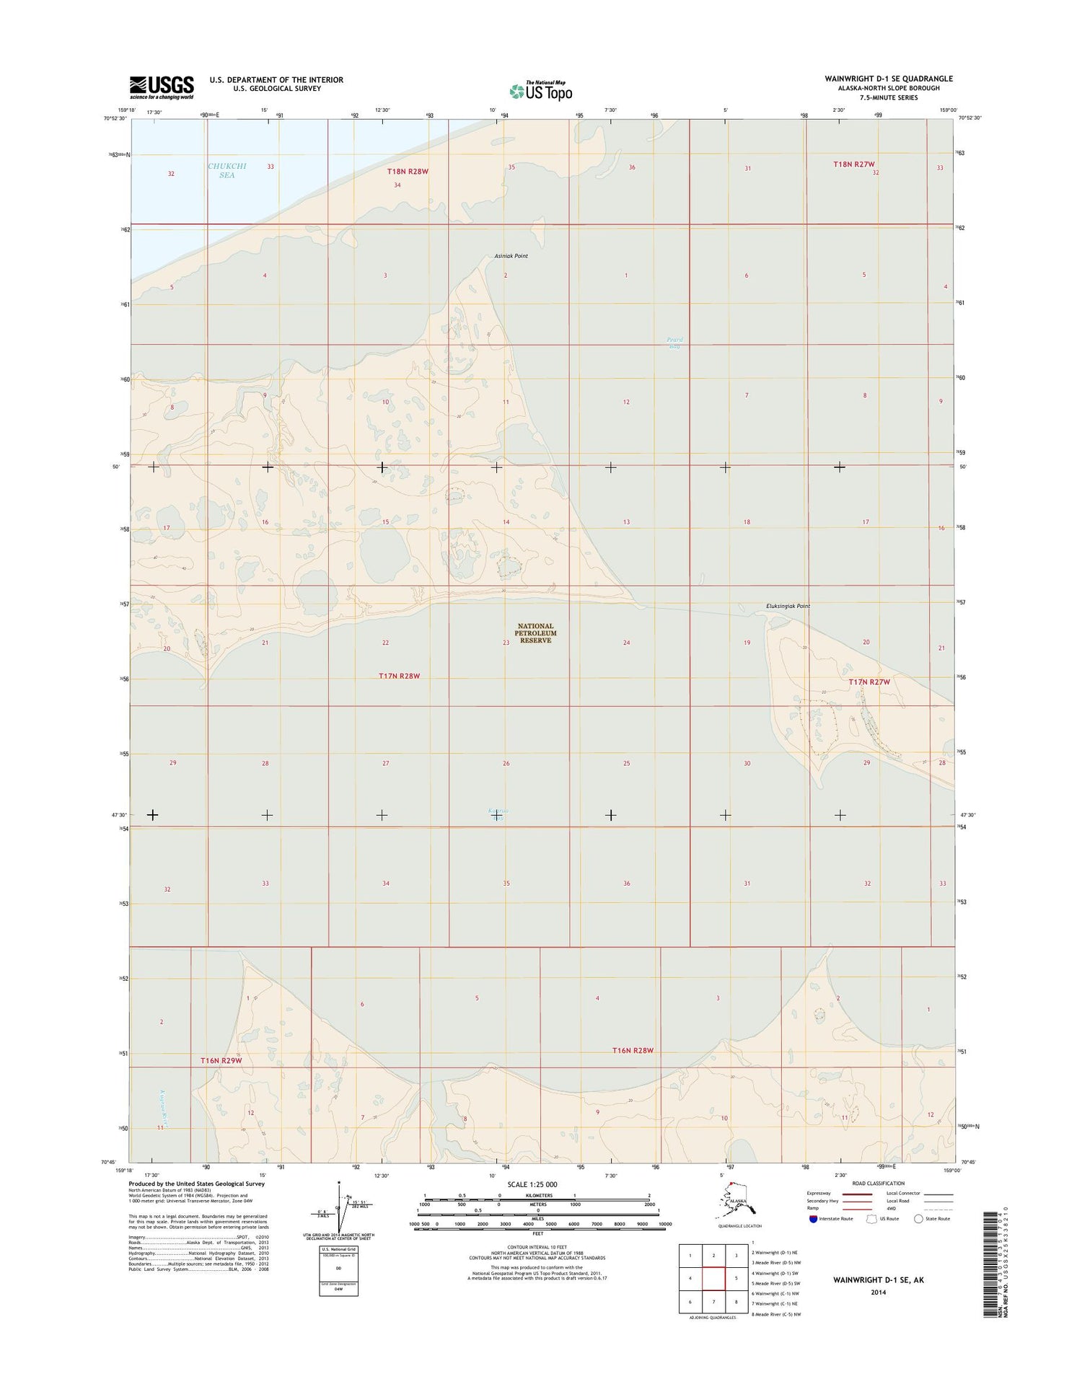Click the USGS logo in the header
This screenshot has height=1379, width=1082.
(162, 87)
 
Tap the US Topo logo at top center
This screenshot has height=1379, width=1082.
(540, 90)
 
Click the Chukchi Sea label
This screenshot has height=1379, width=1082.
(226, 170)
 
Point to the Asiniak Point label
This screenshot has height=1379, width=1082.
(511, 256)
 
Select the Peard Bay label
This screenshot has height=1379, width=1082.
(674, 343)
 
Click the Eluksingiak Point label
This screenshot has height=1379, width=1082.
(788, 606)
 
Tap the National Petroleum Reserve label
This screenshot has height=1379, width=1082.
(535, 633)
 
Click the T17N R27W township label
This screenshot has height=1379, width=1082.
(869, 682)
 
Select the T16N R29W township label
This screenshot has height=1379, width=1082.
(221, 1060)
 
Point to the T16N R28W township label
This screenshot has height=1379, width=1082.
(632, 1051)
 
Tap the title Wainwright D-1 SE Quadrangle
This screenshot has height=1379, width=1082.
(889, 79)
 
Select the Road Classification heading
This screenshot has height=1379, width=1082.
(878, 1184)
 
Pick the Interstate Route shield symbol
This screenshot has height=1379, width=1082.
(814, 1218)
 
